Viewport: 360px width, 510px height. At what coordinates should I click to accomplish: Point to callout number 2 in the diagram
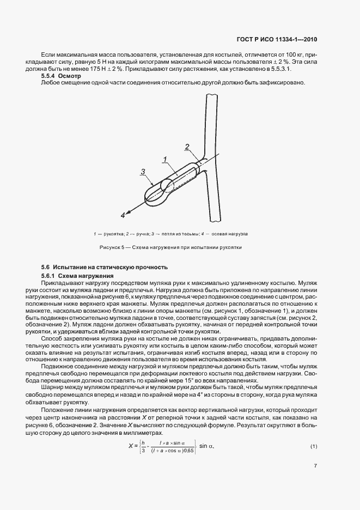(187, 147)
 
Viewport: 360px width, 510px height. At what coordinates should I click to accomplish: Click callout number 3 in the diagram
(142, 172)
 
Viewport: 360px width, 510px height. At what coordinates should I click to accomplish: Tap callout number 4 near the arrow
(123, 216)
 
